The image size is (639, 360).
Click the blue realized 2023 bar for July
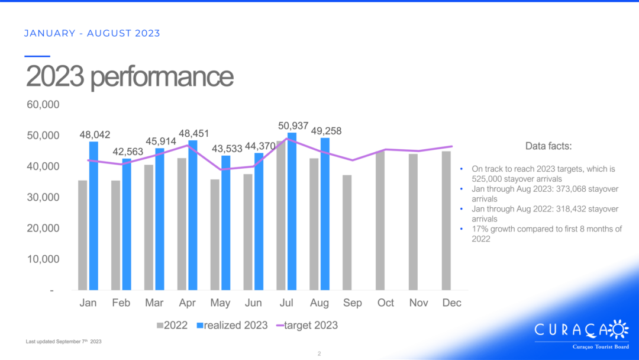coord(292,211)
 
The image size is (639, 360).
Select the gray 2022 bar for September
coord(347,233)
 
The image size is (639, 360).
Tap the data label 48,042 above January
coord(95,135)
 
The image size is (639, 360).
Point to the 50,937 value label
coord(293,126)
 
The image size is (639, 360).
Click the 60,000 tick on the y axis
coord(43,105)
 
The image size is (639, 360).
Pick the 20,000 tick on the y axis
coord(43,228)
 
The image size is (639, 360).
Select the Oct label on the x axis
coord(386,303)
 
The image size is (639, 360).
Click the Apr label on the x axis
coord(188,303)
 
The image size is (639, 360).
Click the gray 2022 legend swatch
coord(160,325)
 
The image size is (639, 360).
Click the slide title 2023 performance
coord(130,77)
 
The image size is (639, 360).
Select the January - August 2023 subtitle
coord(92,33)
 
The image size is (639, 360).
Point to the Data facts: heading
coord(548,146)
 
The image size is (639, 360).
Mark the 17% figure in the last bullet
coord(479,229)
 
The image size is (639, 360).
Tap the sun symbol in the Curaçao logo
coord(618,329)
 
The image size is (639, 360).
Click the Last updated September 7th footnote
coord(64,342)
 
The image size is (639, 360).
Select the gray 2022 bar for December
coord(447,221)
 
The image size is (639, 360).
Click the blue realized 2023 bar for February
coord(127,224)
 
